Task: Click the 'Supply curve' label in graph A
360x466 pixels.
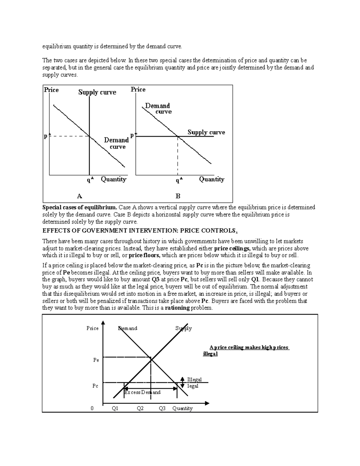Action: (97, 92)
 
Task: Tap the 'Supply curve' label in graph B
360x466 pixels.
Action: (206, 132)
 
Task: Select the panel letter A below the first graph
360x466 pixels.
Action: (79, 196)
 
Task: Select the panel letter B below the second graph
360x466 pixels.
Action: (178, 196)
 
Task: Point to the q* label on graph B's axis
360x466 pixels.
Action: (179, 180)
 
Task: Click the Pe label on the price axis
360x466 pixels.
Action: (96, 360)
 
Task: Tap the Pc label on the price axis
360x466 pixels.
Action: (95, 386)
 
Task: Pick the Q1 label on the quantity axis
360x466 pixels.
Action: (115, 408)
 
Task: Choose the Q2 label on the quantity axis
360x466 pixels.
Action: (140, 408)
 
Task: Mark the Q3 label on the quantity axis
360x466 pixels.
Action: (162, 408)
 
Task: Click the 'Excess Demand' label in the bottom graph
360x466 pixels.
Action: (142, 392)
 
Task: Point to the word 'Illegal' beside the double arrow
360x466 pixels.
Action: (194, 380)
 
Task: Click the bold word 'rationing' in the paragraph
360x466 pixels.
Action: (177, 308)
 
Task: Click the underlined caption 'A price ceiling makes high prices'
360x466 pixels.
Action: (249, 347)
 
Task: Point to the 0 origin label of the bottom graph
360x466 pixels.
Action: (92, 408)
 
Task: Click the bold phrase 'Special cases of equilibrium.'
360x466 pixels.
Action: (80, 207)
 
